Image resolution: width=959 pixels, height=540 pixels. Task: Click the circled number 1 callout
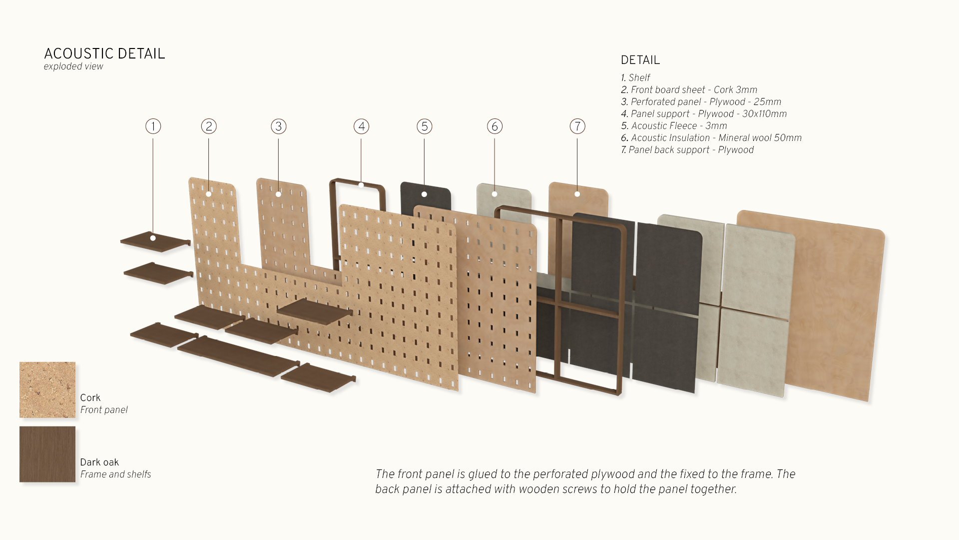(x=153, y=126)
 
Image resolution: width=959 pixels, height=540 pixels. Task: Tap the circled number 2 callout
(x=209, y=126)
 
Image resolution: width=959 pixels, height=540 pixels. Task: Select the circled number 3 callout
(x=279, y=126)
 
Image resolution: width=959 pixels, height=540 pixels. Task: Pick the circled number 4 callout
(x=362, y=126)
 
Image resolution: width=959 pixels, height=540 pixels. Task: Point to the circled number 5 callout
(x=425, y=126)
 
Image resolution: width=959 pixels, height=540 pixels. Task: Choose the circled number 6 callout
(x=494, y=126)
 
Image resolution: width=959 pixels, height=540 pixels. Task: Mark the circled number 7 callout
(x=577, y=126)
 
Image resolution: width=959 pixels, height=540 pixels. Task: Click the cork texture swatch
(x=47, y=389)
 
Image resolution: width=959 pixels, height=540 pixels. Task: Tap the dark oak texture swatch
(x=47, y=454)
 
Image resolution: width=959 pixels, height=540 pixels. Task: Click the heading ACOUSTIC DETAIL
(x=104, y=54)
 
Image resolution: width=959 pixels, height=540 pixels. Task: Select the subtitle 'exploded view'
(x=73, y=66)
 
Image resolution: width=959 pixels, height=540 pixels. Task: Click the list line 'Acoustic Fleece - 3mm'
(x=674, y=126)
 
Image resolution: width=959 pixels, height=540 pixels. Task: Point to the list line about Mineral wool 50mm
(x=711, y=138)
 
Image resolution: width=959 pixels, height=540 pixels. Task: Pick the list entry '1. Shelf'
(x=635, y=78)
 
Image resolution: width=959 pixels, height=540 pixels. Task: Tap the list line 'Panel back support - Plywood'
(x=687, y=150)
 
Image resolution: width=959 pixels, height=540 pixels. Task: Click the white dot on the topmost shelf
(x=153, y=238)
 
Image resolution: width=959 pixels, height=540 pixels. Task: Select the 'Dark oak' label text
(x=99, y=462)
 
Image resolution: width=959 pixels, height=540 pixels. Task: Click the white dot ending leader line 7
(x=577, y=194)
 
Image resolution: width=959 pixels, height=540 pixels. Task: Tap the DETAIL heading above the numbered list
(x=640, y=60)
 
